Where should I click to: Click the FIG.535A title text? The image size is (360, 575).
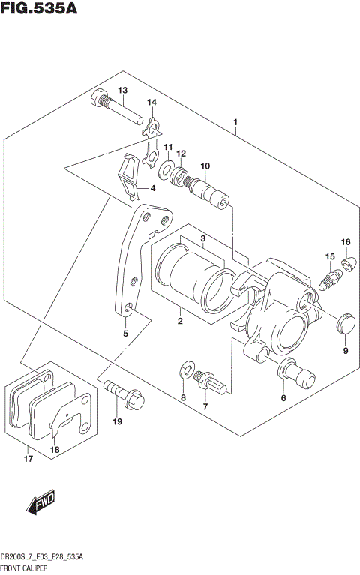pyautogui.click(x=39, y=10)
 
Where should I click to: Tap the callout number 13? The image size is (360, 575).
pyautogui.click(x=123, y=91)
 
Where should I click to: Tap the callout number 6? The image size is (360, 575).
pyautogui.click(x=283, y=398)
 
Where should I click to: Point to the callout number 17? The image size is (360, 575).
pyautogui.click(x=28, y=459)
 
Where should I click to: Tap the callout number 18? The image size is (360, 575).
pyautogui.click(x=54, y=449)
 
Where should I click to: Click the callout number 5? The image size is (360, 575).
pyautogui.click(x=125, y=334)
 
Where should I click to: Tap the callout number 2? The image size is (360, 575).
pyautogui.click(x=180, y=322)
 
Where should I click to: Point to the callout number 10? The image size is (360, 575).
pyautogui.click(x=205, y=166)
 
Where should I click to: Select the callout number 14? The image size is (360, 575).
pyautogui.click(x=152, y=103)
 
